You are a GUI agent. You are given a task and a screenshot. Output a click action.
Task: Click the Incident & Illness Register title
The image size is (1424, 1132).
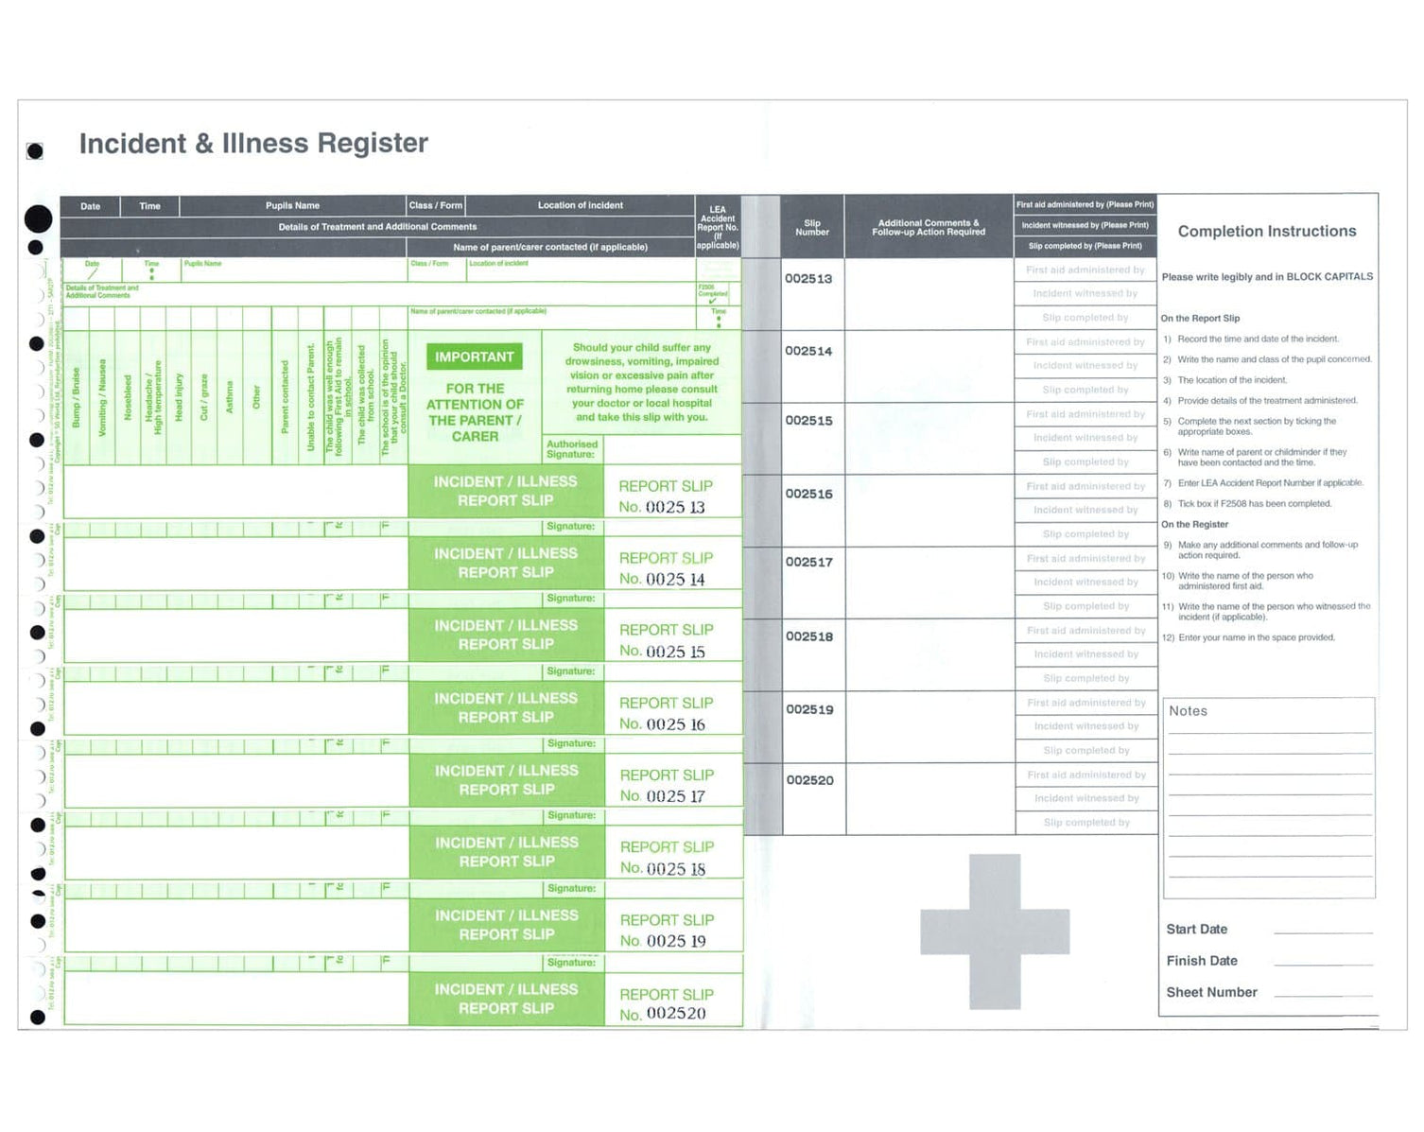tap(253, 144)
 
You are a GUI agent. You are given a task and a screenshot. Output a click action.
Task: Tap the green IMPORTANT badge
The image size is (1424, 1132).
tap(475, 357)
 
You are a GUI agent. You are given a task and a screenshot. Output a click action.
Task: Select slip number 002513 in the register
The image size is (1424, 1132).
tap(808, 279)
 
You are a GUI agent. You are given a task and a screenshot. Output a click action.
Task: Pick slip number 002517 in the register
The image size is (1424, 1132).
tap(809, 562)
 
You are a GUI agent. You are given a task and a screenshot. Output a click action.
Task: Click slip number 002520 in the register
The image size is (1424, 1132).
tap(810, 780)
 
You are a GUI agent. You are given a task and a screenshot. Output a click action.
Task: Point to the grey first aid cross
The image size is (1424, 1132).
tap(995, 931)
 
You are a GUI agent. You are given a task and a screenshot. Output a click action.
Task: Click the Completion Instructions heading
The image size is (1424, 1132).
tap(1266, 232)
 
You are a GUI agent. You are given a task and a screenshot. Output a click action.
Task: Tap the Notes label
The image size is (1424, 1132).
tap(1188, 711)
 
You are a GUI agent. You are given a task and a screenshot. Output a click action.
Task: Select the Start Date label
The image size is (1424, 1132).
tap(1196, 930)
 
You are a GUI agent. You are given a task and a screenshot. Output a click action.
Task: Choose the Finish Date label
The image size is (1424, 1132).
tap(1201, 961)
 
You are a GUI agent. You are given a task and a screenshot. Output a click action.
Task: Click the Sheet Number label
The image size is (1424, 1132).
tap(1211, 992)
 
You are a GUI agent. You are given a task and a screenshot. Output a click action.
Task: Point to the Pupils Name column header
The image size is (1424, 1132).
tap(292, 205)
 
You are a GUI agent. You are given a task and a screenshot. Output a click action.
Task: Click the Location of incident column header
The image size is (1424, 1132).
tap(580, 205)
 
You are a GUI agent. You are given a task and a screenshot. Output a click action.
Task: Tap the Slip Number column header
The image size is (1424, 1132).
tap(812, 228)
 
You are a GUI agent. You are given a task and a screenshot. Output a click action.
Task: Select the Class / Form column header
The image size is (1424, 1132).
tap(436, 205)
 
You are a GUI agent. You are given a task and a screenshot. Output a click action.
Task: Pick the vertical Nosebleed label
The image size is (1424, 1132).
tap(129, 398)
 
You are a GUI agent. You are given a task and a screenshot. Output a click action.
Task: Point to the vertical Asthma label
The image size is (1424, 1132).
tap(230, 397)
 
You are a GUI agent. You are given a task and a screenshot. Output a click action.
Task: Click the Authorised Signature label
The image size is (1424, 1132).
tap(572, 449)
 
